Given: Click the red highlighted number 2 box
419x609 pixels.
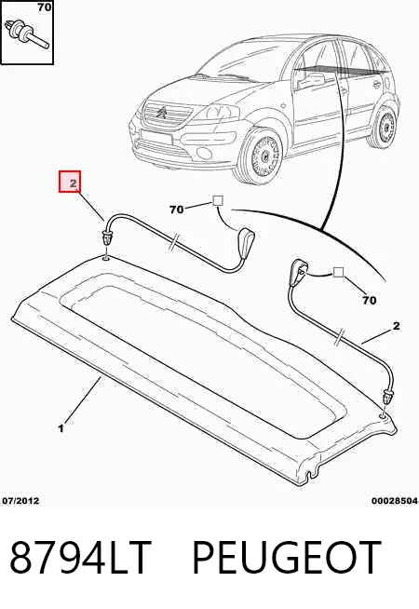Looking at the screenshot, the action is coord(70,182).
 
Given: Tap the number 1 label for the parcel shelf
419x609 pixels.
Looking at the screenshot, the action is coord(61,428).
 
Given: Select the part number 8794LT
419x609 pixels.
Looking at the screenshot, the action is coord(80,556).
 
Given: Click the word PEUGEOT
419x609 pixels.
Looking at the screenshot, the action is coord(287,556).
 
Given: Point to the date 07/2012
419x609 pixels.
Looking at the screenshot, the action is coord(21,500).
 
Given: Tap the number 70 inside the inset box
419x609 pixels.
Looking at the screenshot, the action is coord(45,7).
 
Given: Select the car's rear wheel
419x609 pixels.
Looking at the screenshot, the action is coord(385,127).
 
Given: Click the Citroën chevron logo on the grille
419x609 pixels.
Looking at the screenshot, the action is coord(162,113).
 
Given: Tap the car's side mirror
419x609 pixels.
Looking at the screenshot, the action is coord(310,80).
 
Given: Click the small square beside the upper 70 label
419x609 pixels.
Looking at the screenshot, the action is coord(218,201).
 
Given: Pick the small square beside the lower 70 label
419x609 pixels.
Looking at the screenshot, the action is coord(339,272).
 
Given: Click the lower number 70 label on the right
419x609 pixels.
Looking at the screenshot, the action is coord(370,300).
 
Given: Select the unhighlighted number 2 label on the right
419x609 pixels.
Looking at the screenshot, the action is coord(396,326).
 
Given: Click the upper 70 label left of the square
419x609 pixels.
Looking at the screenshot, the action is coord(176,210).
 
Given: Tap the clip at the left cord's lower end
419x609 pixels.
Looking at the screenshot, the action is coord(106,237).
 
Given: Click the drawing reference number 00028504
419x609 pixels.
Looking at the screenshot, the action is coord(395,501).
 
